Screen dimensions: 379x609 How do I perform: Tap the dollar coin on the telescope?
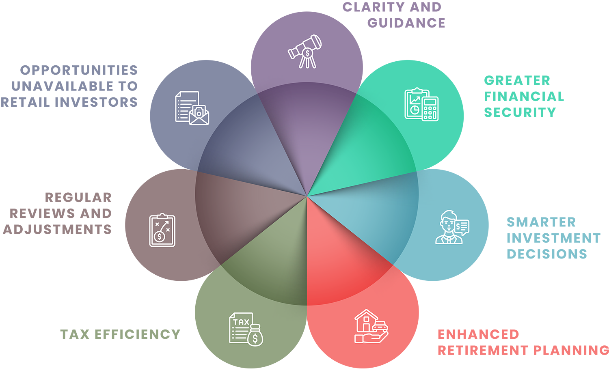click(307, 53)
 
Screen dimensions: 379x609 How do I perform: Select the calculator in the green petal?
click(430, 108)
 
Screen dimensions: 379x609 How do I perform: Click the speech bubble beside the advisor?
click(462, 227)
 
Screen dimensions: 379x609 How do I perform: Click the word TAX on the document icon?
click(241, 322)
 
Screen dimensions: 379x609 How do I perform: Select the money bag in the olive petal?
click(255, 336)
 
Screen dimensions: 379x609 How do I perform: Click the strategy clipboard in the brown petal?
click(162, 230)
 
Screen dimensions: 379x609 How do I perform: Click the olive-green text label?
click(120, 334)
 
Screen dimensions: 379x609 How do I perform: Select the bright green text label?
click(522, 97)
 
